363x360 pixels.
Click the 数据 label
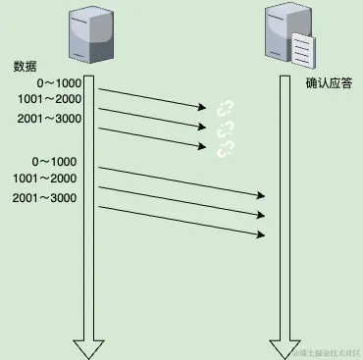26,67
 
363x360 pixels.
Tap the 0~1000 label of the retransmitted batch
53,162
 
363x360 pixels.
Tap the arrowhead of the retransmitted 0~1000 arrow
262,195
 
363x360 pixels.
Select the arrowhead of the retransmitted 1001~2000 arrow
262,215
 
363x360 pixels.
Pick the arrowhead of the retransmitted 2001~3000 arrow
262,234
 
